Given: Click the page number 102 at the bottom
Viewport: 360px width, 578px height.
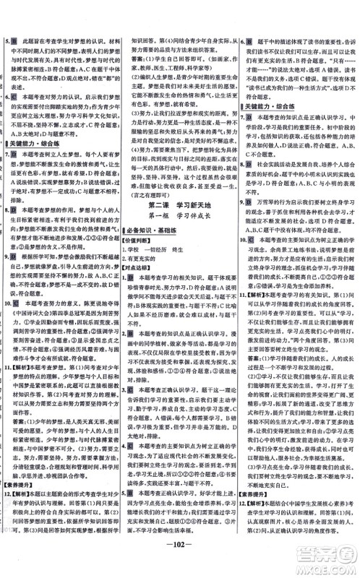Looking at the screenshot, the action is click(180, 564).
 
